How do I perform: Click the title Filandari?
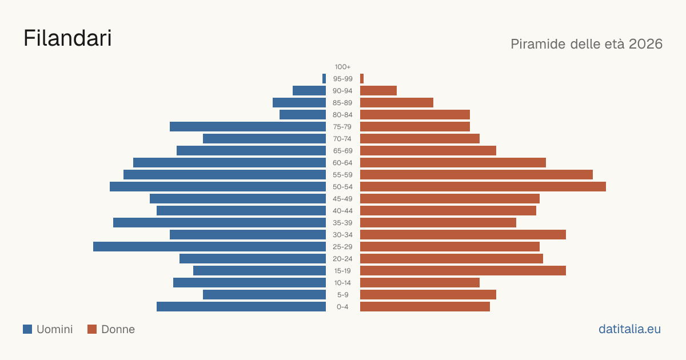coord(67,38)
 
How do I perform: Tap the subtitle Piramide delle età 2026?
coord(587,44)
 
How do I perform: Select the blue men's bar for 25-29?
coord(209,247)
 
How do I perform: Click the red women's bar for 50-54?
coord(483,187)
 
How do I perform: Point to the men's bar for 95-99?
coord(324,79)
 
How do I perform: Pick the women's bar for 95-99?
coord(362,79)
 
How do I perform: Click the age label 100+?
coord(342,67)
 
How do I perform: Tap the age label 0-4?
coord(342,307)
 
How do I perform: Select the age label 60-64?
coord(342,163)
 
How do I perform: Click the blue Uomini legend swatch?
coord(27,329)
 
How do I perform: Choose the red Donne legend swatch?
coord(92,329)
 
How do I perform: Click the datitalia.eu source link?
coord(629,329)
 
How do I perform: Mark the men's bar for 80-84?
coord(302,115)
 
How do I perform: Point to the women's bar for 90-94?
coord(378,91)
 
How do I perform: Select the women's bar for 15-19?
coord(463,271)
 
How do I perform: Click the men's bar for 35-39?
coord(220,222)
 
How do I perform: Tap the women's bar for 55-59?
coord(477,175)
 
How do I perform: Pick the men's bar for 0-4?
coord(241,307)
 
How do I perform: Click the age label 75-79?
coord(342,127)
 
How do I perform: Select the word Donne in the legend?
coord(118,329)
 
